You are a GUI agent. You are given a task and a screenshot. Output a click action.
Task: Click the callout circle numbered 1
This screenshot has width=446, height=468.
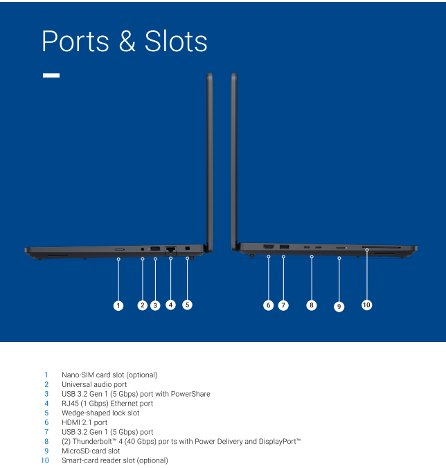(x=118, y=305)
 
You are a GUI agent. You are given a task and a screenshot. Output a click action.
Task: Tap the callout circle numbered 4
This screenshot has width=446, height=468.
(x=170, y=304)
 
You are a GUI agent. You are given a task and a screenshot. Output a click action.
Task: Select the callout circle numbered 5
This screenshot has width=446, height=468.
(x=187, y=304)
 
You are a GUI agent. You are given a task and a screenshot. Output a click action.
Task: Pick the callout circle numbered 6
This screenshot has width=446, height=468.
(x=268, y=305)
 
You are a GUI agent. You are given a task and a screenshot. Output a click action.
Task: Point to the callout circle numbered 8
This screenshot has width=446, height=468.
(x=312, y=305)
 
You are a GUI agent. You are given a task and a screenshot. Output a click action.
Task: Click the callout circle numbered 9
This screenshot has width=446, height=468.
(x=339, y=306)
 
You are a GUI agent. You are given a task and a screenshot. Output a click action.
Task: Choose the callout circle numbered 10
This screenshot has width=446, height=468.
(x=366, y=304)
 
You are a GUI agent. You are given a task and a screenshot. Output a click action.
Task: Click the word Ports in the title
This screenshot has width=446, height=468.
(x=75, y=42)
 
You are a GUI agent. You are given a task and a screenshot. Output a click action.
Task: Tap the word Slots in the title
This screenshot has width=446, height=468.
(x=176, y=42)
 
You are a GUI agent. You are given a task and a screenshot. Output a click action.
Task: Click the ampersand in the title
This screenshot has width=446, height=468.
(x=127, y=42)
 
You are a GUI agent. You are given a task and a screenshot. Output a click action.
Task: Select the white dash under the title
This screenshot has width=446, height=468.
(x=51, y=75)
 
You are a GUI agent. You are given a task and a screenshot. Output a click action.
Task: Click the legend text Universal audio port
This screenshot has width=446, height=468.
(x=94, y=384)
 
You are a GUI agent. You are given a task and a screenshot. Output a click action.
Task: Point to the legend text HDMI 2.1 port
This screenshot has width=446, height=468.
(x=84, y=422)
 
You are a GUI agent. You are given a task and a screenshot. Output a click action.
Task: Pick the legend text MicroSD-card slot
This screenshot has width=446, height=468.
(x=91, y=451)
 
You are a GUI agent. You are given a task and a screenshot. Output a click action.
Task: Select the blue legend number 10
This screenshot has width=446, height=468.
(x=45, y=460)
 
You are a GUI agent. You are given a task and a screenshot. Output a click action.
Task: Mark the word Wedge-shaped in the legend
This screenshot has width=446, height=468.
(x=85, y=413)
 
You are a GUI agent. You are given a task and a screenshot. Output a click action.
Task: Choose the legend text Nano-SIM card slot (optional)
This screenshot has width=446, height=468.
(x=109, y=375)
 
